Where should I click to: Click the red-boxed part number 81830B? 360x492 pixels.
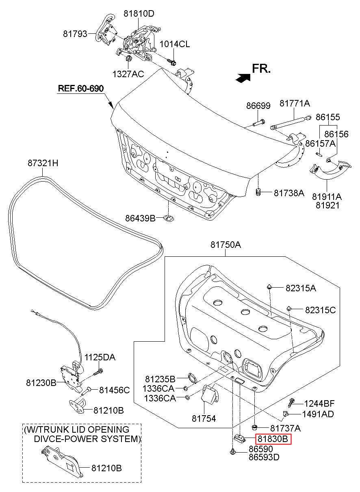273,439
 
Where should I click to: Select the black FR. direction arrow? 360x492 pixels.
243,77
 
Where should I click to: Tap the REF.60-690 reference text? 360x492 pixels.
80,88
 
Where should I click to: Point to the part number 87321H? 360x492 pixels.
43,163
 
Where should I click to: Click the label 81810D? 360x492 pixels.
139,14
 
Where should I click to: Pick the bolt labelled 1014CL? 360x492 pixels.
171,62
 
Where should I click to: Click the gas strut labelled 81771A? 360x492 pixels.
291,122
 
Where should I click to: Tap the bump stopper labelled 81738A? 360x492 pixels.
258,192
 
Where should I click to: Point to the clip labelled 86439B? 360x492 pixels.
169,218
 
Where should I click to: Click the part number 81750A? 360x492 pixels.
226,245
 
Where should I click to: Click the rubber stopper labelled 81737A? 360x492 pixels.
254,427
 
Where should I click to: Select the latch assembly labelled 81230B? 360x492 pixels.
72,380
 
